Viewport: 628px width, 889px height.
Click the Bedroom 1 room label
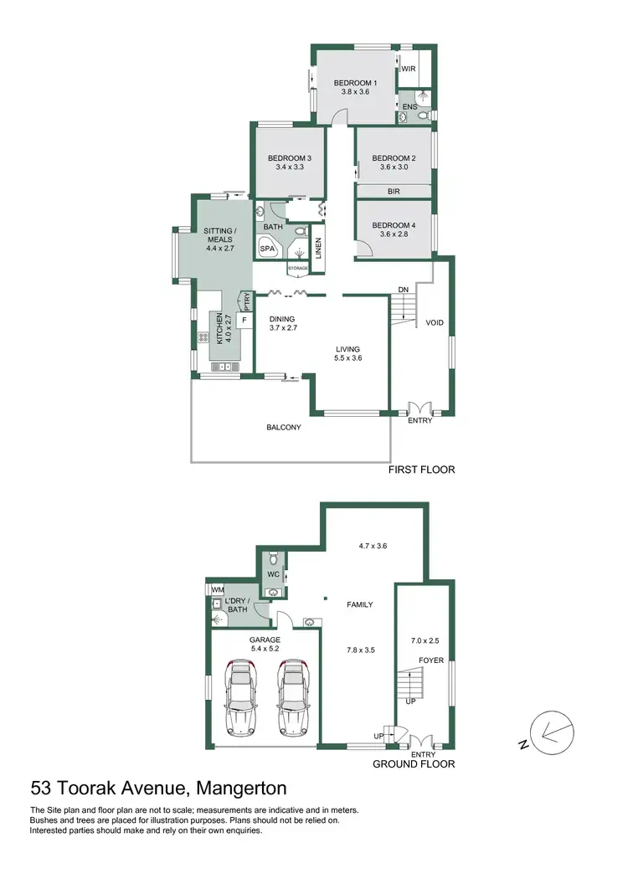356,83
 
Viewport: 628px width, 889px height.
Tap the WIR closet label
409,69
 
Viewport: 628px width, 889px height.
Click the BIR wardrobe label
394,192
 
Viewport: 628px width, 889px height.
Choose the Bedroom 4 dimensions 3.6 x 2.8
394,234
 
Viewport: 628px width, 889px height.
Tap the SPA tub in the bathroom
268,249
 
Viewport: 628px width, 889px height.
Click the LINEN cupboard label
318,249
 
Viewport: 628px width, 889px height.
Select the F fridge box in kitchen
245,320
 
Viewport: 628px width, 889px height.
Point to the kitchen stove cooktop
203,338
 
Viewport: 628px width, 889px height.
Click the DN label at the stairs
403,290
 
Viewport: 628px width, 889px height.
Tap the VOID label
434,322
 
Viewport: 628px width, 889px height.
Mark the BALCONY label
284,427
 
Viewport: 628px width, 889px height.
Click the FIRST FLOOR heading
421,470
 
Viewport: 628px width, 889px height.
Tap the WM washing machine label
216,589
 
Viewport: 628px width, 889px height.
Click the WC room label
273,574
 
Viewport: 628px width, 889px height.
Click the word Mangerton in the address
240,788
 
